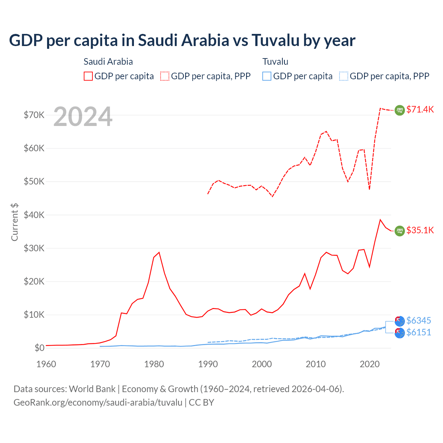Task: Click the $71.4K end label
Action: coord(420,109)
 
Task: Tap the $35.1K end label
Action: coord(420,230)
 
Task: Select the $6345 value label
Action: coord(418,320)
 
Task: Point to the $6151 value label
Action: coord(418,332)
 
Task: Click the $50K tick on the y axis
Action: coord(34,181)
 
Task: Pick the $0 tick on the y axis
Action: coord(39,348)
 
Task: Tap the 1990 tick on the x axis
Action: coord(208,364)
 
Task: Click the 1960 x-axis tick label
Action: coord(46,364)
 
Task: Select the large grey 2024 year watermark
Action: coord(83,117)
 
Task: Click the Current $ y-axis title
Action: coord(15,222)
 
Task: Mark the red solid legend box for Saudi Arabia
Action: coord(88,76)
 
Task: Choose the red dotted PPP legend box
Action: coord(165,76)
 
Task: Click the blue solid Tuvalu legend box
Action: coord(267,76)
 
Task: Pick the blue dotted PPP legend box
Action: coord(344,76)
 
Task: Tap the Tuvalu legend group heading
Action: coord(275,62)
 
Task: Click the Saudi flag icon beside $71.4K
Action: coord(400,110)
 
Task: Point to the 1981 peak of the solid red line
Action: coord(159,252)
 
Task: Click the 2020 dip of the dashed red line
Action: coord(370,189)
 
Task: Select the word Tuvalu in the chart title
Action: coord(275,40)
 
